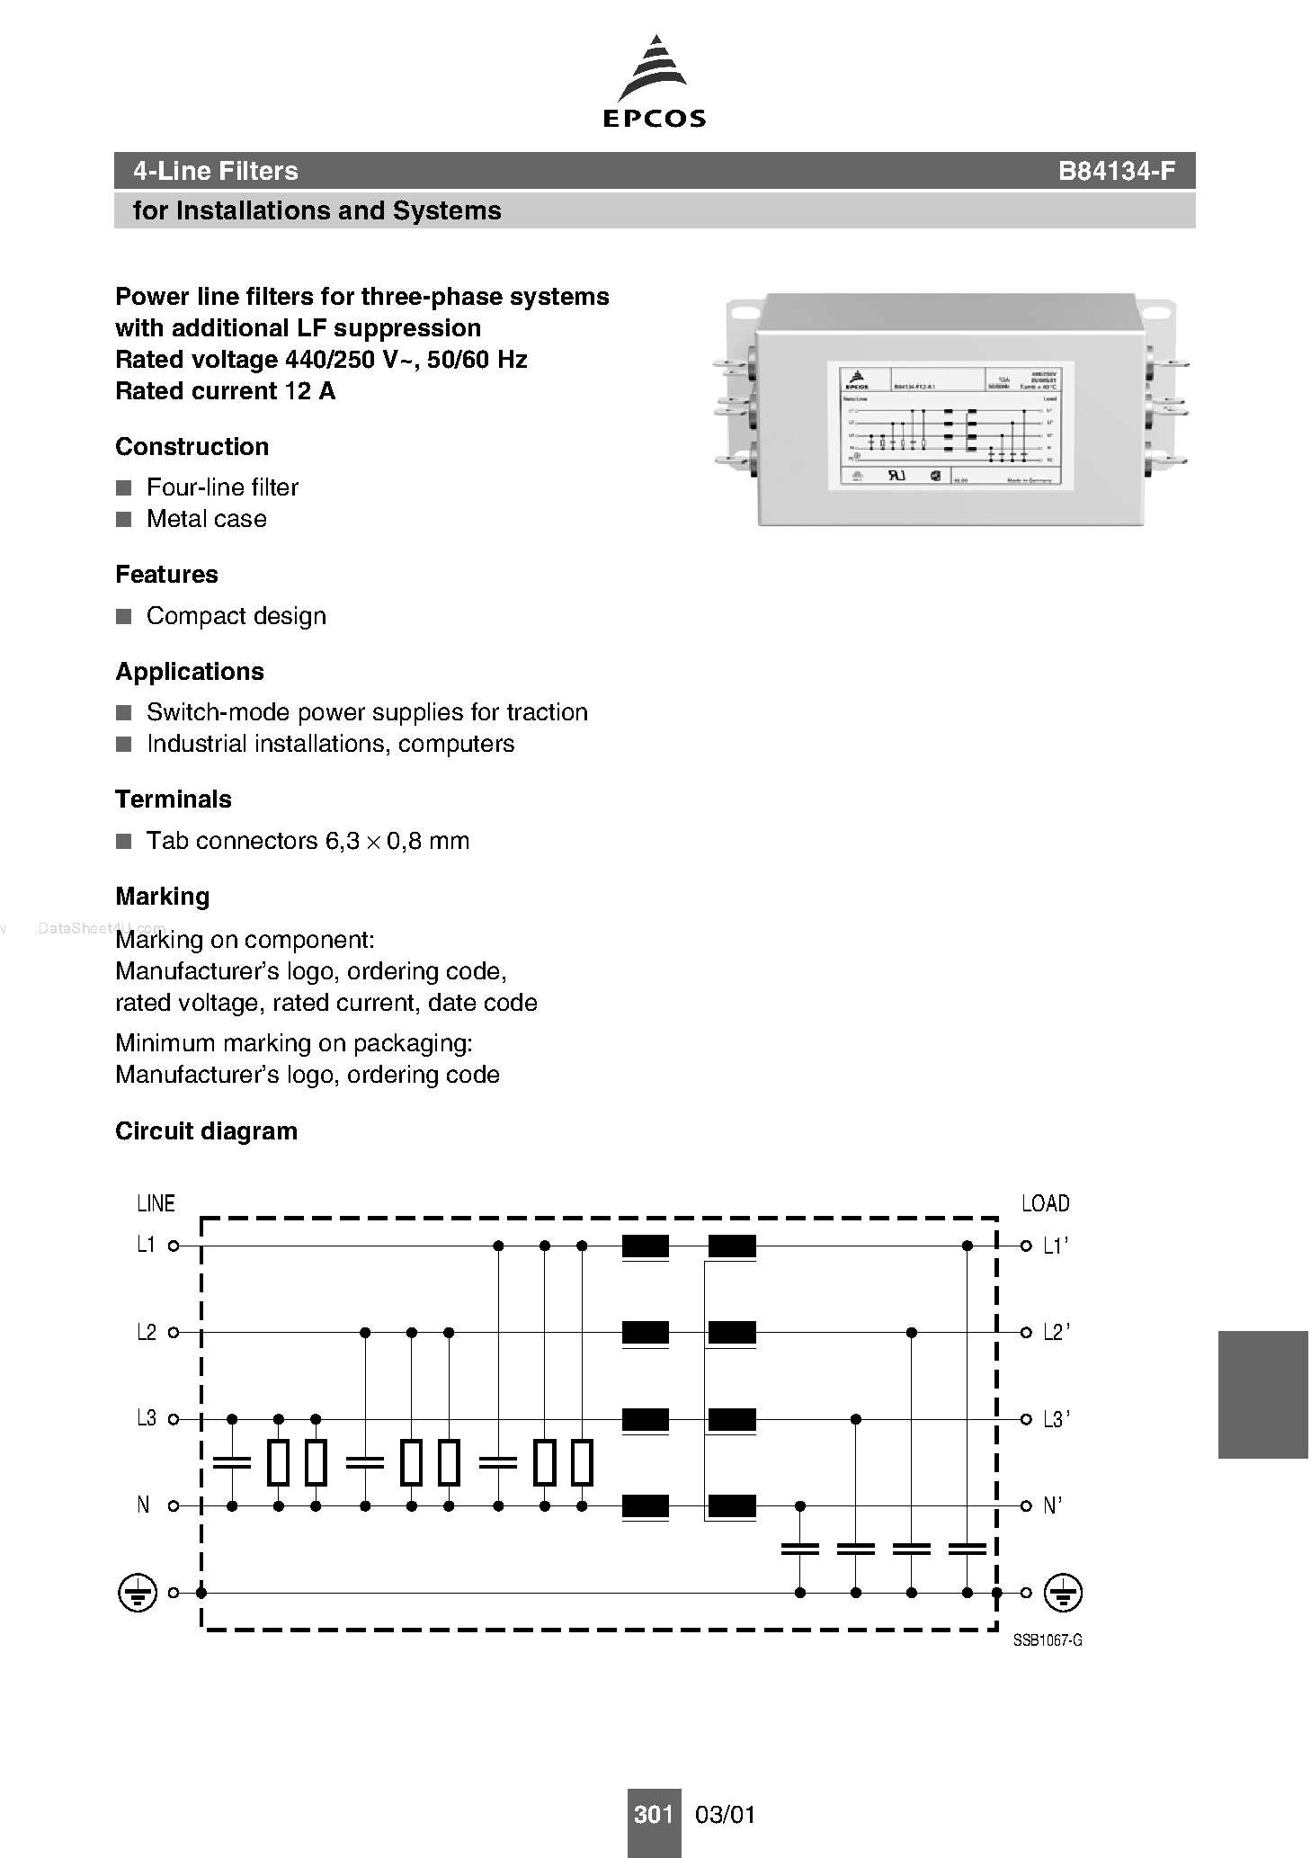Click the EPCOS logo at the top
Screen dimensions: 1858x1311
tap(654, 82)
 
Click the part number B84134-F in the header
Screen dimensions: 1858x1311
tap(1116, 171)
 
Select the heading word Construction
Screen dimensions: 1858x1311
tap(192, 447)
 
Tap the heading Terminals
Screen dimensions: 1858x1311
tap(174, 799)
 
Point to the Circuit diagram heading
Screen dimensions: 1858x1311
tap(206, 1131)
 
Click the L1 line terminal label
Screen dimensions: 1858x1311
tap(146, 1246)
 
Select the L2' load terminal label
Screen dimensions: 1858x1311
tap(1056, 1333)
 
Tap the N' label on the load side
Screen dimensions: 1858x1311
tap(1052, 1505)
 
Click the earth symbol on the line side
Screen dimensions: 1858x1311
tap(136, 1593)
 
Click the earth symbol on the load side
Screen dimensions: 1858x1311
tap(1063, 1593)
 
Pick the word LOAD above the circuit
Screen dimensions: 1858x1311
tap(1045, 1203)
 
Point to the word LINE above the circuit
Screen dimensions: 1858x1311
tap(156, 1203)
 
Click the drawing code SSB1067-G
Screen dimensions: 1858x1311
tap(1048, 1640)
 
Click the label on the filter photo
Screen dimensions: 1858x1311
tap(950, 426)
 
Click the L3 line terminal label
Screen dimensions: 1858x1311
tap(146, 1419)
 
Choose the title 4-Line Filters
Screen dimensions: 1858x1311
tap(215, 171)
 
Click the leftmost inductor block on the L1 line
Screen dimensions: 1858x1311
tap(646, 1246)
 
